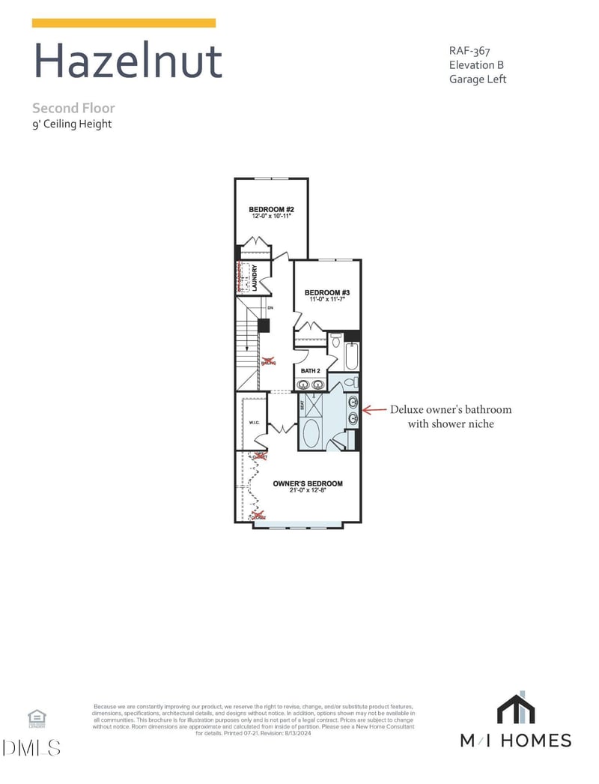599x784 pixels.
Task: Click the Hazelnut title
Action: (x=128, y=61)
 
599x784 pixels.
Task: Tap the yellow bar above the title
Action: (x=124, y=23)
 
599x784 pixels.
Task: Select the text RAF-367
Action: (x=469, y=51)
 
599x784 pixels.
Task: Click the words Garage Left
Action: (x=478, y=79)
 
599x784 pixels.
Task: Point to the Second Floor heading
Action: (x=73, y=109)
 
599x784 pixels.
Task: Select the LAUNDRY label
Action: (x=255, y=277)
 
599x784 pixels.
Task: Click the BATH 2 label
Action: (x=311, y=371)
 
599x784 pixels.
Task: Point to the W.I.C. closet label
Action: (x=254, y=422)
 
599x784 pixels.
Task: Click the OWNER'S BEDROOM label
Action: (x=308, y=483)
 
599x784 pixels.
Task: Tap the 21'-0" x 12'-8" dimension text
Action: (x=308, y=492)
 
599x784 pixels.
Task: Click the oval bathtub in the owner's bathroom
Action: (x=311, y=433)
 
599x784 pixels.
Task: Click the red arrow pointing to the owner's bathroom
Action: (x=373, y=410)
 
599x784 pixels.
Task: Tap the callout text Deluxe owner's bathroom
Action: (x=451, y=410)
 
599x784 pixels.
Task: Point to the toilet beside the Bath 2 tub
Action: (x=336, y=341)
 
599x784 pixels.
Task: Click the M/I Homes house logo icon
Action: (x=516, y=709)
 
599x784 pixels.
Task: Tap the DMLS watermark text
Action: (x=31, y=747)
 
